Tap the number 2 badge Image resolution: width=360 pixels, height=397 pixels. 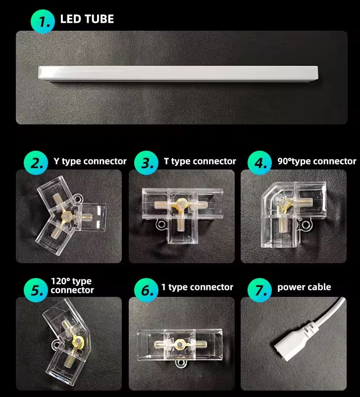36,163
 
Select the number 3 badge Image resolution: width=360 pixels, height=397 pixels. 147,163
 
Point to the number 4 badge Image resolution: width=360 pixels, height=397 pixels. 258,163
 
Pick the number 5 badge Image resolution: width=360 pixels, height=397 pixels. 36,290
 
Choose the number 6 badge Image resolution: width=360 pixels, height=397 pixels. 147,290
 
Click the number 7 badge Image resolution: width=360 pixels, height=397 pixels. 258,290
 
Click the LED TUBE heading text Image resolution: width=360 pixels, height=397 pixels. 87,20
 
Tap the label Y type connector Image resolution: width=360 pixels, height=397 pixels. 90,162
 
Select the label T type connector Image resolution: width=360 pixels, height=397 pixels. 200,162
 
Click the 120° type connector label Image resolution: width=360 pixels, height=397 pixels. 72,286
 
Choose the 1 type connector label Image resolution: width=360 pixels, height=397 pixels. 197,287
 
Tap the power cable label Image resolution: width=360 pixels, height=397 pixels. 304,287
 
